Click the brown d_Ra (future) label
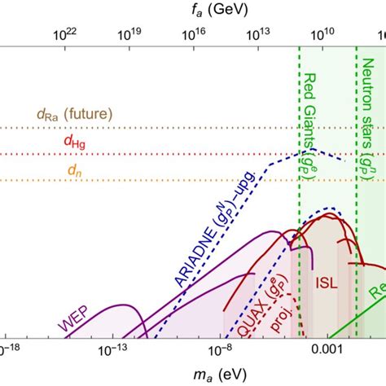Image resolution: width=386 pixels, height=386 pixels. click(74, 114)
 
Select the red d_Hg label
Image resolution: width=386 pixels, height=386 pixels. click(72, 141)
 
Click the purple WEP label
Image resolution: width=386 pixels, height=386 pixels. click(72, 324)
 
